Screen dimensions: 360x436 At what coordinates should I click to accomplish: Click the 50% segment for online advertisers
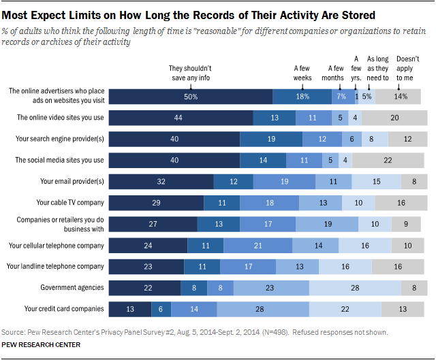[x=191, y=97]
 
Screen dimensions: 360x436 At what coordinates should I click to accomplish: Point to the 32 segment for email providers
[x=161, y=181]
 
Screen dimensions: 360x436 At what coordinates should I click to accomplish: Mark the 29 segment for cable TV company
[x=157, y=203]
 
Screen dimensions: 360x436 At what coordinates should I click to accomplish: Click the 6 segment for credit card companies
[x=161, y=309]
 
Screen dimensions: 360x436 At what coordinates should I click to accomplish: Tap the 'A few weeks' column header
[x=302, y=73]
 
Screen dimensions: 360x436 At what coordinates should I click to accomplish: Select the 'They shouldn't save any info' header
[x=191, y=73]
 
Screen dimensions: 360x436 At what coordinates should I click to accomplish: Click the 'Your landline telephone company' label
[x=56, y=266]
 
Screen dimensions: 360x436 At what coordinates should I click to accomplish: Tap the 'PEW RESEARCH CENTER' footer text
[x=41, y=346]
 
